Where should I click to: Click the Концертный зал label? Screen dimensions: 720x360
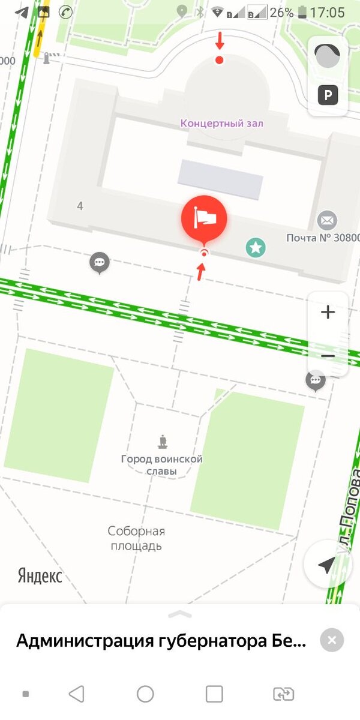coord(222,124)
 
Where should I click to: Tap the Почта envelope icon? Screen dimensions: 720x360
coord(327,220)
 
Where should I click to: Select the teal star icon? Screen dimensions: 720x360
coord(256,247)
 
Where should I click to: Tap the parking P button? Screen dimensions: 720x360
coord(328,95)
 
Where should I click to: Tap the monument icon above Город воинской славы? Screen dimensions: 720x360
coord(162,443)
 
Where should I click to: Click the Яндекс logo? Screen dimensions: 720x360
coord(40,577)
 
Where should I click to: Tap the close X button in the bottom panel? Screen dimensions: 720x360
coord(332,640)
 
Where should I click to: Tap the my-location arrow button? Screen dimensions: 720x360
coord(327,565)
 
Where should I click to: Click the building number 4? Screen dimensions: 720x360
coord(80,206)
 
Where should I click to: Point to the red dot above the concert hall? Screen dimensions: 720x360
coord(220,60)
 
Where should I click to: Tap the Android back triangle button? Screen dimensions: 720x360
coord(76,694)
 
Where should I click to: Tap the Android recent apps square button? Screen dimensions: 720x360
coord(214,694)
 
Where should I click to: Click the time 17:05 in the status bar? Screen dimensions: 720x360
coord(328,13)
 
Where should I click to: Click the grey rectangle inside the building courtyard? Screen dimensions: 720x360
coord(220,179)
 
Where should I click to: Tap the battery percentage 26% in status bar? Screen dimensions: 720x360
coord(281,13)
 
